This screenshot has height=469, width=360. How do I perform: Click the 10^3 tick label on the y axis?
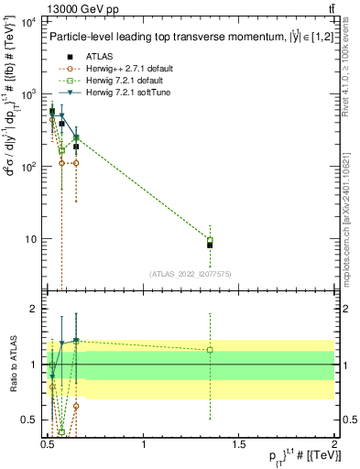pyautogui.click(x=28, y=94)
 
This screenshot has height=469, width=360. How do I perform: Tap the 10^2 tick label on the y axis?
pyautogui.click(x=28, y=167)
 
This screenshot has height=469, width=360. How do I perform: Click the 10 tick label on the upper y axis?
pyautogui.click(x=31, y=239)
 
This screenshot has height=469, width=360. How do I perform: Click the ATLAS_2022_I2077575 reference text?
pyautogui.click(x=191, y=273)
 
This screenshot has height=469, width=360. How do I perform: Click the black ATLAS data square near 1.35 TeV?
pyautogui.click(x=210, y=245)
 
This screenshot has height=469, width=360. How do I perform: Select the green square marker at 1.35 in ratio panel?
pyautogui.click(x=210, y=350)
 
